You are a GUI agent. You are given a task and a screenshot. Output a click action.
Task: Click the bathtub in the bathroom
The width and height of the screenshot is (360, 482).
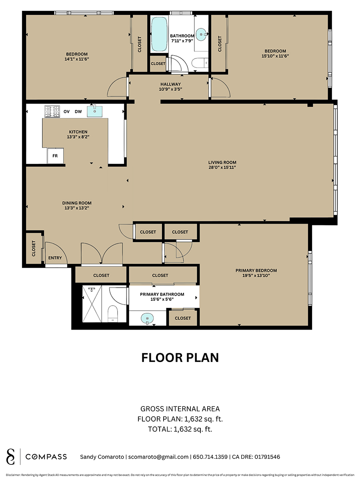click(x=159, y=34)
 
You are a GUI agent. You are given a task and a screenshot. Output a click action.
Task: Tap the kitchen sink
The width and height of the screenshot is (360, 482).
click(x=95, y=111)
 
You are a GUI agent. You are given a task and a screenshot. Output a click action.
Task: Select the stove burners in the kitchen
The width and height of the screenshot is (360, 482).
click(x=52, y=112)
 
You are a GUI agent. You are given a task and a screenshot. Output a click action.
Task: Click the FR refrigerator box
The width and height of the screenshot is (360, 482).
click(x=55, y=156)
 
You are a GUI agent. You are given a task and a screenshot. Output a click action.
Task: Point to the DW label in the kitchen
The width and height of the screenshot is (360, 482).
click(x=78, y=112)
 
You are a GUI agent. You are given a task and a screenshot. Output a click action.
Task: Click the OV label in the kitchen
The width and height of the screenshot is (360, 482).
click(x=66, y=112)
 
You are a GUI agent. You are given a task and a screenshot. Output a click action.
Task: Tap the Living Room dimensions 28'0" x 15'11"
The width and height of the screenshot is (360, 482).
click(x=222, y=167)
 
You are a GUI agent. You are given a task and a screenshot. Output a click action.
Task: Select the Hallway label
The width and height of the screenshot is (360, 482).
click(x=170, y=84)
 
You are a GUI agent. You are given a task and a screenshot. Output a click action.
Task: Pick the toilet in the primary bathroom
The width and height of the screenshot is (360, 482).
click(x=113, y=314)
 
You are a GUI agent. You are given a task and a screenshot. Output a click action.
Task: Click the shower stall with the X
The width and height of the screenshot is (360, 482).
click(x=92, y=304)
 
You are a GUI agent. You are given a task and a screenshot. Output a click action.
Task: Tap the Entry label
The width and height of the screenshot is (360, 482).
click(x=55, y=258)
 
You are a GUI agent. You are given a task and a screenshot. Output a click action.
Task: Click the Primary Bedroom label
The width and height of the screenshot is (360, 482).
click(x=256, y=270)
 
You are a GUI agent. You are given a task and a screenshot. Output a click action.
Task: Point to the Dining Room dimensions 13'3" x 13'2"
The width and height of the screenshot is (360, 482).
click(x=77, y=208)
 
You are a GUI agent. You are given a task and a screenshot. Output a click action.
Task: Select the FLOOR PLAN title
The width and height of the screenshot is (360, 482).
click(x=180, y=358)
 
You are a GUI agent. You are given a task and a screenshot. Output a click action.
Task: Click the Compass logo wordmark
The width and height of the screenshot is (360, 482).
click(x=46, y=457)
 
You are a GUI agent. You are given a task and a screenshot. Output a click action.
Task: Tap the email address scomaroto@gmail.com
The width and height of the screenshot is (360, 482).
click(x=158, y=457)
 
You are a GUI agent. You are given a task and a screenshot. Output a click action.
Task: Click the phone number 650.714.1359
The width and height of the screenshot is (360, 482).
click(x=210, y=457)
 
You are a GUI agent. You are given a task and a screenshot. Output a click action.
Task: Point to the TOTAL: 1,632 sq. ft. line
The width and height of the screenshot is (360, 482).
click(x=180, y=429)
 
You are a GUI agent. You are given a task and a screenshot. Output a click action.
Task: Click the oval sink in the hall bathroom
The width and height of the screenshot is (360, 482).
click(x=201, y=34)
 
